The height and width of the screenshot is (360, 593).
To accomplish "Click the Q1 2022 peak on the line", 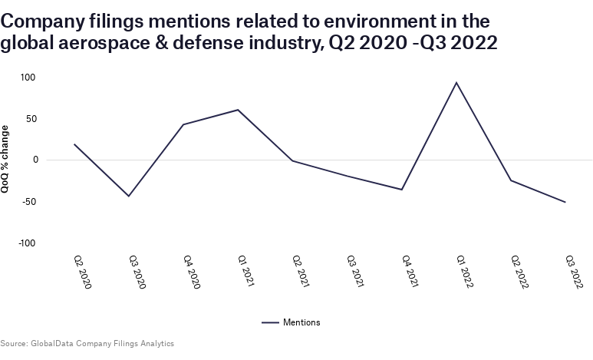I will point(456,82).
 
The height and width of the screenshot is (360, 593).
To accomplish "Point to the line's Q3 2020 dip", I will point(129,197).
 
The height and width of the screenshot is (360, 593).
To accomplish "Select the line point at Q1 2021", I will point(238,110).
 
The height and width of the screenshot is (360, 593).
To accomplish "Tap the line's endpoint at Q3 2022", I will point(565,203).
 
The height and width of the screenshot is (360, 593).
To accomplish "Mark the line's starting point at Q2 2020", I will point(74,144).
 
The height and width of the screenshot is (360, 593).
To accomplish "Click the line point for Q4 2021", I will point(402,190).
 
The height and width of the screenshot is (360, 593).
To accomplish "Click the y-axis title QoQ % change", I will point(6,160).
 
